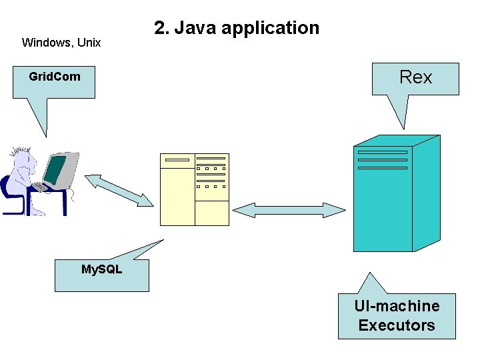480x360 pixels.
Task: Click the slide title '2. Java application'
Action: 237,28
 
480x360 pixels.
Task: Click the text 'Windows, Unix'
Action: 61,43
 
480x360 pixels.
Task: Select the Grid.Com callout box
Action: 54,81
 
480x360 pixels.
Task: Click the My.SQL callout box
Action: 101,275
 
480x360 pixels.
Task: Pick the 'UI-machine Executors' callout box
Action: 397,316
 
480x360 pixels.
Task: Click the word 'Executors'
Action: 397,325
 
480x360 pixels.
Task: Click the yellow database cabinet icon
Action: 195,189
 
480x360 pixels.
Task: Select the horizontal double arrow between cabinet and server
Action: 289,210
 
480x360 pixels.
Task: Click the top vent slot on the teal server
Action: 382,152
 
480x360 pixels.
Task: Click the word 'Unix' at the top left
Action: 89,43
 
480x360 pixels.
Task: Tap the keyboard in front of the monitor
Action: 41,187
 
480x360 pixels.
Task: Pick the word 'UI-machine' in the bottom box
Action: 397,306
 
